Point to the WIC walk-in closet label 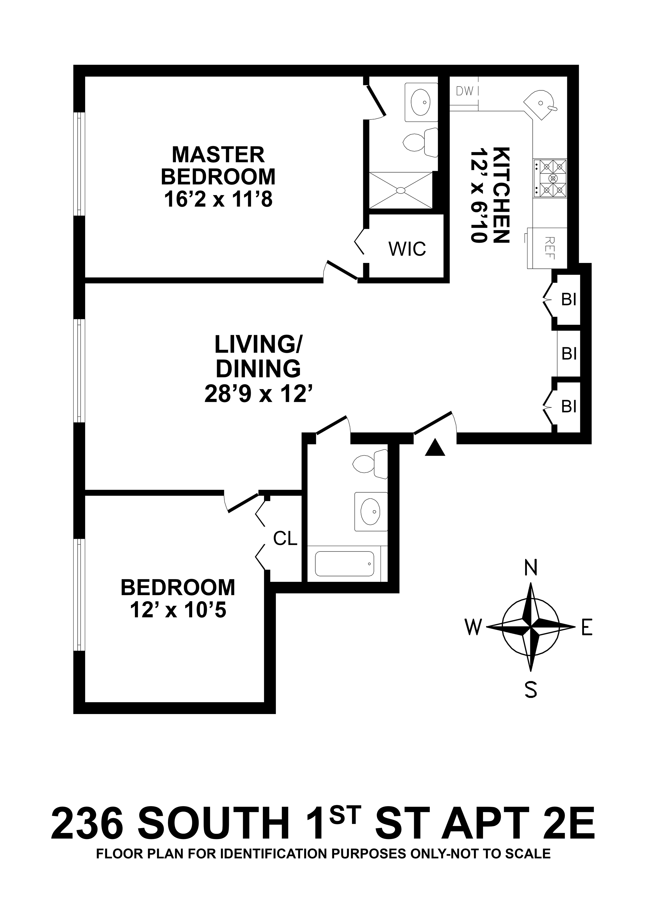click(x=407, y=249)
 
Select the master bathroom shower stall click(x=401, y=190)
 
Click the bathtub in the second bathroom click(x=344, y=563)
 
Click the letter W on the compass click(x=473, y=627)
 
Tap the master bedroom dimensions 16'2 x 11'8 click(x=218, y=199)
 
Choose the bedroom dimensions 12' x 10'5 click(x=178, y=610)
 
